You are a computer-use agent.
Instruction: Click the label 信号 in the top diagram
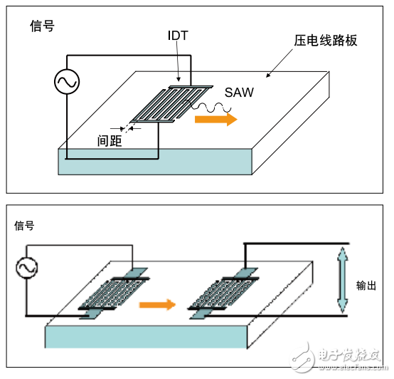tap(41, 26)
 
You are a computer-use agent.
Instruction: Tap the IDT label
tap(178, 36)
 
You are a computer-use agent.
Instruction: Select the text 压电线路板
tap(325, 41)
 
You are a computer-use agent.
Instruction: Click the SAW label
tap(239, 93)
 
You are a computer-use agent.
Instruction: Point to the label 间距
tap(110, 141)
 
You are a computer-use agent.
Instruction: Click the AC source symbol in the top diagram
tap(67, 83)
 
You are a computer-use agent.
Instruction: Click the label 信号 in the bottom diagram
tap(24, 226)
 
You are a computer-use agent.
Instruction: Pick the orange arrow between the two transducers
tap(156, 305)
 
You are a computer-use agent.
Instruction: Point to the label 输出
tap(366, 286)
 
